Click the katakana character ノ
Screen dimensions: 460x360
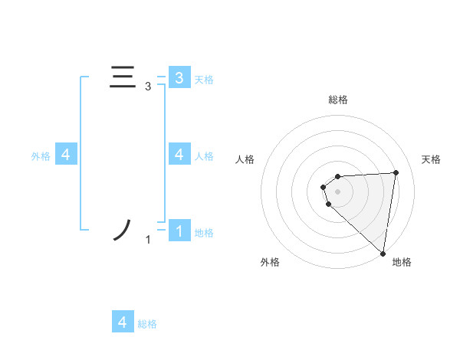pyautogui.click(x=123, y=230)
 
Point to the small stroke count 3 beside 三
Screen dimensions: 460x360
pyautogui.click(x=148, y=87)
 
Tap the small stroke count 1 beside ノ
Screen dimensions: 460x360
pyautogui.click(x=148, y=241)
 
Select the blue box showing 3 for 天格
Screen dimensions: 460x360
pyautogui.click(x=179, y=78)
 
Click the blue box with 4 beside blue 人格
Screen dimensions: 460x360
pyautogui.click(x=179, y=155)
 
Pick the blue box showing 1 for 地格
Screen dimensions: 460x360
pyautogui.click(x=179, y=231)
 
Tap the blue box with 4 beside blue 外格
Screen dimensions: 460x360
pyautogui.click(x=66, y=155)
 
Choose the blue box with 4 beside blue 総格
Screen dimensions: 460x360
pyautogui.click(x=123, y=322)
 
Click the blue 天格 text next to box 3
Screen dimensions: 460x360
pyautogui.click(x=204, y=79)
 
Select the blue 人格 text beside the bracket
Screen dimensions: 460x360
pyautogui.click(x=204, y=155)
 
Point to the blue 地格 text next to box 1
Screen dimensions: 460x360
pyautogui.click(x=204, y=232)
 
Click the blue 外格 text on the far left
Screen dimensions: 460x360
pyautogui.click(x=41, y=155)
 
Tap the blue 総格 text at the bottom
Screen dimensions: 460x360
pyautogui.click(x=147, y=323)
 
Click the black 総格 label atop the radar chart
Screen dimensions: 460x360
pyautogui.click(x=338, y=100)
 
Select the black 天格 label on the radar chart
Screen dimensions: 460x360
pyautogui.click(x=432, y=159)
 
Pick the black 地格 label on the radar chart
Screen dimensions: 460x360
pyautogui.click(x=402, y=262)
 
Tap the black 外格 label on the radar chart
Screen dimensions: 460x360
pyautogui.click(x=270, y=262)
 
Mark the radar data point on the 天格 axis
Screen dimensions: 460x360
pyautogui.click(x=396, y=172)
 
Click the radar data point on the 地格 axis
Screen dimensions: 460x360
pyautogui.click(x=383, y=254)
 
